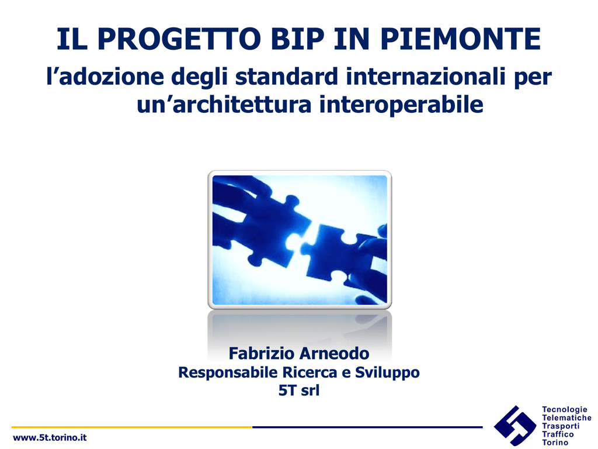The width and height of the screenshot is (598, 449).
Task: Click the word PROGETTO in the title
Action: tap(179, 39)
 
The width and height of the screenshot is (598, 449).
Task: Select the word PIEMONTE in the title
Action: tap(460, 39)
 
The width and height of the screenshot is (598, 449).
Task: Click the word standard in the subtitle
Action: tap(286, 77)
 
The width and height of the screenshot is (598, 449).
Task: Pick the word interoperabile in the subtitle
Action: tap(401, 105)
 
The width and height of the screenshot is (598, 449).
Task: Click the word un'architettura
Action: tap(224, 105)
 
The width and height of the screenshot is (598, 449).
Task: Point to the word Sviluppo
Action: tap(387, 372)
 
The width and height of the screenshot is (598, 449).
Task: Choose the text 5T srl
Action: tap(298, 391)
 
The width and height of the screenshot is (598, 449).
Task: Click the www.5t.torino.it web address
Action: tap(50, 437)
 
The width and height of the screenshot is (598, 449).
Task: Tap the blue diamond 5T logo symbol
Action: tap(515, 426)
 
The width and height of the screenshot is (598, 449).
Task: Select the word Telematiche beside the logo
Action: tap(566, 417)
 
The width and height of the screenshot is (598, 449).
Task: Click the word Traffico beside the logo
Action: tap(558, 434)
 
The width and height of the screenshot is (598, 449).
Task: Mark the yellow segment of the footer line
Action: tap(132, 427)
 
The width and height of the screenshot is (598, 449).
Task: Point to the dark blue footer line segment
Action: tap(367, 427)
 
